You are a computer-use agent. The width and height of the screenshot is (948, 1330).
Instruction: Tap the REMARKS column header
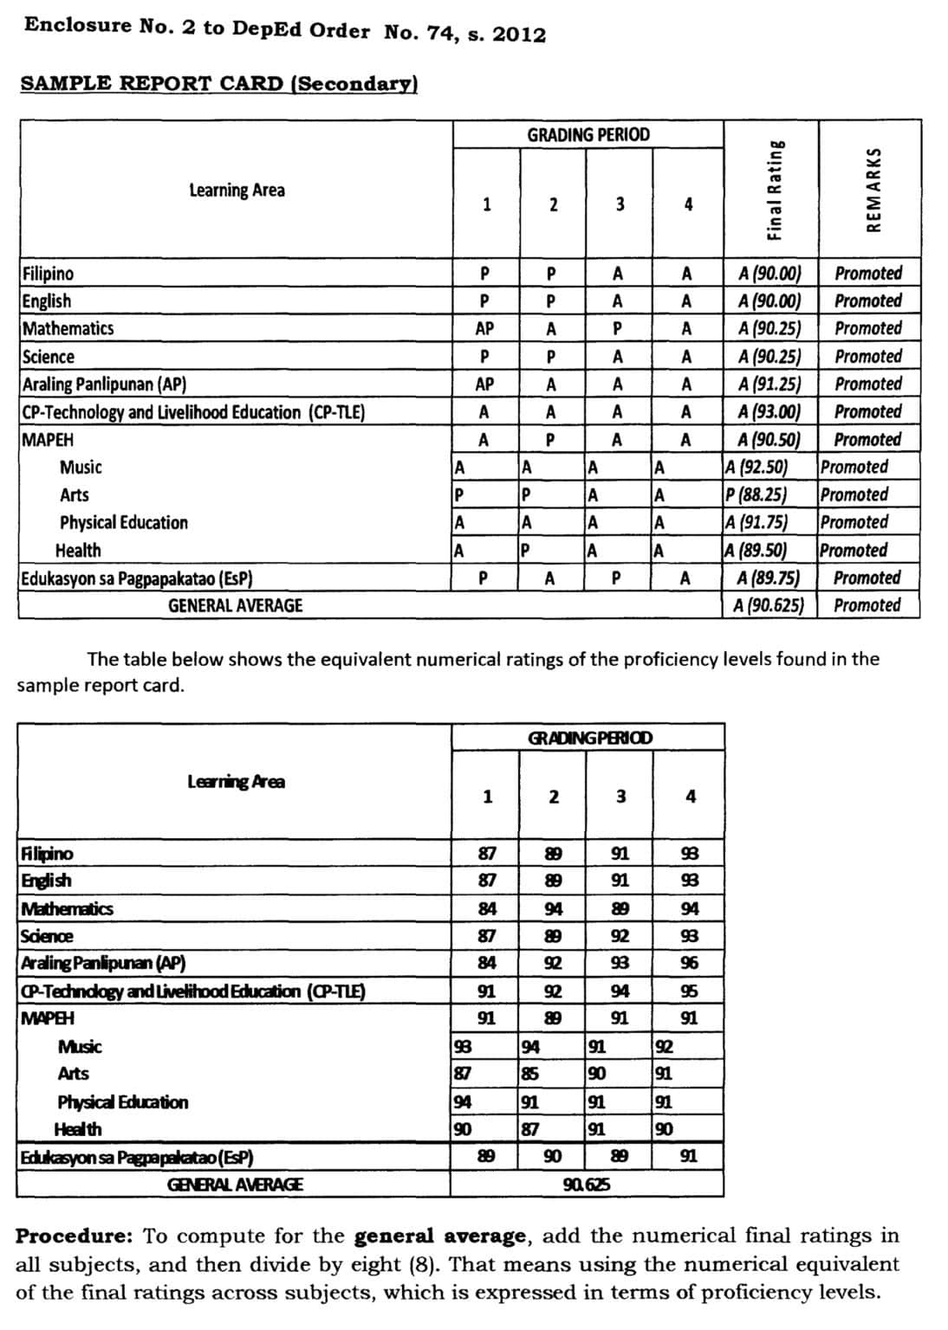click(873, 189)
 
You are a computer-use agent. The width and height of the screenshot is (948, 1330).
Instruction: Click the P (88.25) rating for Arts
click(756, 494)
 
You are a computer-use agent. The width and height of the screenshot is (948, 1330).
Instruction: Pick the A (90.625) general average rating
click(769, 605)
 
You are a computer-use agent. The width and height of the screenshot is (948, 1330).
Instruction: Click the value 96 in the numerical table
click(689, 963)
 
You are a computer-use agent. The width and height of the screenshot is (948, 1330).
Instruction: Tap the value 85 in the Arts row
click(529, 1074)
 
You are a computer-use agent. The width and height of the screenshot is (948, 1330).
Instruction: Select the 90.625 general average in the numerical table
click(586, 1184)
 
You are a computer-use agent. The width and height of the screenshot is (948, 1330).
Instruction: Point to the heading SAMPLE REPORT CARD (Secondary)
click(218, 83)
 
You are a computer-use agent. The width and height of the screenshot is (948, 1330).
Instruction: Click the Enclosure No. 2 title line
click(285, 29)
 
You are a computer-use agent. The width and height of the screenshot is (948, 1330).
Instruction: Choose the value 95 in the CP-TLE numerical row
click(689, 991)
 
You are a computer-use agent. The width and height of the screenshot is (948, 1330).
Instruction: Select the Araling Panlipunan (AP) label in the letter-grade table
click(104, 384)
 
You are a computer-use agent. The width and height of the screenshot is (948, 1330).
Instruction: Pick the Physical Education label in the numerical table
click(122, 1101)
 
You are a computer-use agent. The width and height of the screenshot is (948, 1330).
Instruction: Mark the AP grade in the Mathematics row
click(484, 328)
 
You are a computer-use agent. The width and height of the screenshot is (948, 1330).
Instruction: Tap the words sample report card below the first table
click(100, 685)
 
